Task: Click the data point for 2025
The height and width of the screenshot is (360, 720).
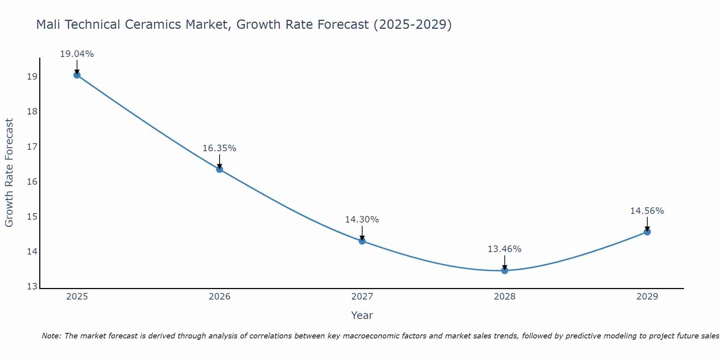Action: [x=77, y=75]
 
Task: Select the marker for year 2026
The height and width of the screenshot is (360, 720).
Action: [x=220, y=169]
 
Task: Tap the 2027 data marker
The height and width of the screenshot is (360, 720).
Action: [x=362, y=241]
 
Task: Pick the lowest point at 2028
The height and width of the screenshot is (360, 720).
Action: [x=505, y=270]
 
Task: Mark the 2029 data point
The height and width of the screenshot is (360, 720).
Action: [x=647, y=232]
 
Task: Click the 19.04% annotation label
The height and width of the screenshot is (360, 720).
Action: [x=77, y=54]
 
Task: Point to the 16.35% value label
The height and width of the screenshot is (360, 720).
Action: [x=219, y=148]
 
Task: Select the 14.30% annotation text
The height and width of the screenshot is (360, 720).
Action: [x=362, y=220]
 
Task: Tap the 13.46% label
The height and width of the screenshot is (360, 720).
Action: [x=504, y=249]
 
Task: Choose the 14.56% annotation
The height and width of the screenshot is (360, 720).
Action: [x=647, y=211]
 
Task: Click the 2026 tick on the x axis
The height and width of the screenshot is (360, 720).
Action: [x=220, y=297]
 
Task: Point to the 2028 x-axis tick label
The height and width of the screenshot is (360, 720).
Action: [x=505, y=297]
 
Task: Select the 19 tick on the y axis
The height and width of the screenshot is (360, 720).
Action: [x=32, y=77]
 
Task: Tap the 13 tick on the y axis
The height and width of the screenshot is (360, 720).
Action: [x=32, y=287]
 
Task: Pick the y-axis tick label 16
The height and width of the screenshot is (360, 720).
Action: [x=32, y=181]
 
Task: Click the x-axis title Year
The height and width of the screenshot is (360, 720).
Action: [x=362, y=315]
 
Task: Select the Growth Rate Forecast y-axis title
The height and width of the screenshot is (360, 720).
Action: [x=9, y=172]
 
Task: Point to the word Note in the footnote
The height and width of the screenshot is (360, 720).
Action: [x=50, y=336]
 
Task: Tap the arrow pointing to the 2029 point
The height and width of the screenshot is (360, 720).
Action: [x=647, y=224]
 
